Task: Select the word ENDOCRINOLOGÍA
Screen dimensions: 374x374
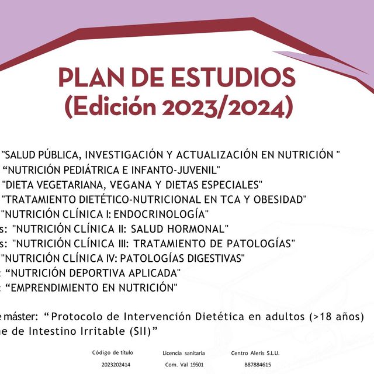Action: (165, 214)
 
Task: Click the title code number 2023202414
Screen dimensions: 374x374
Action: (116, 365)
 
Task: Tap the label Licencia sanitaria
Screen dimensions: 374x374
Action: (183, 353)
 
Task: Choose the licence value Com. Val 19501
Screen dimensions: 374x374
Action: (184, 365)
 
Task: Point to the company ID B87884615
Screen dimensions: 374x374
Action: (258, 365)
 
